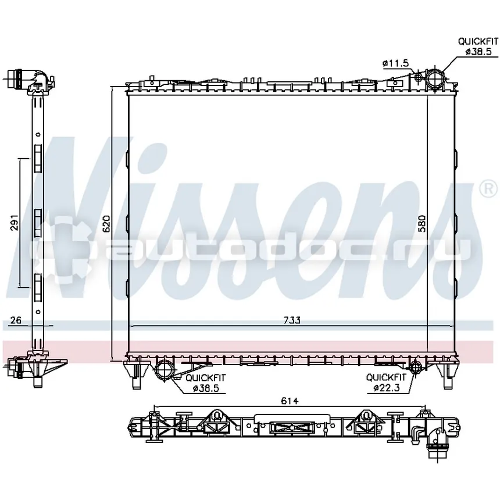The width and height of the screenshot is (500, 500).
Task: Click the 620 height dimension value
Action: tap(106, 223)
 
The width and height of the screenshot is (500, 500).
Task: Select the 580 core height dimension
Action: tap(422, 223)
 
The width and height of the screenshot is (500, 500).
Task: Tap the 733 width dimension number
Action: tap(292, 320)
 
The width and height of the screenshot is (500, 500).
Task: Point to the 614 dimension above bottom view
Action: tap(290, 401)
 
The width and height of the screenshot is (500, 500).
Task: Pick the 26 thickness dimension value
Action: tap(15, 320)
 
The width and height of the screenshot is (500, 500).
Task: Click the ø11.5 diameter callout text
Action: tap(395, 63)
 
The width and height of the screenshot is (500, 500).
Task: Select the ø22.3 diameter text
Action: tap(387, 388)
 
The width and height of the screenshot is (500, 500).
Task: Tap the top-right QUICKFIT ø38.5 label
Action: tap(478, 46)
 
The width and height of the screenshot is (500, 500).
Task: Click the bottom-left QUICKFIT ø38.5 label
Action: tap(206, 383)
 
